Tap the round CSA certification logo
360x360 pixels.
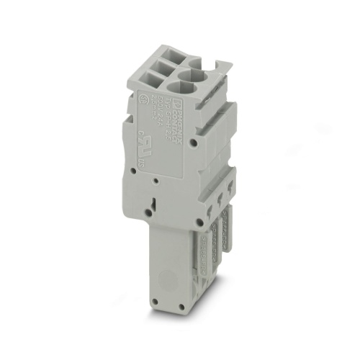tap(143, 99)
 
